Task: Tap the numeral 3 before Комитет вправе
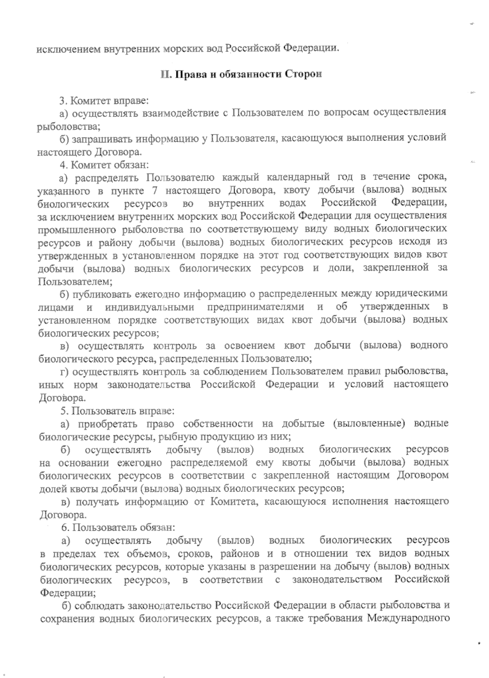pyautogui.click(x=62, y=99)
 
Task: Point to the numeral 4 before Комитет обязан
pyautogui.click(x=62, y=165)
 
